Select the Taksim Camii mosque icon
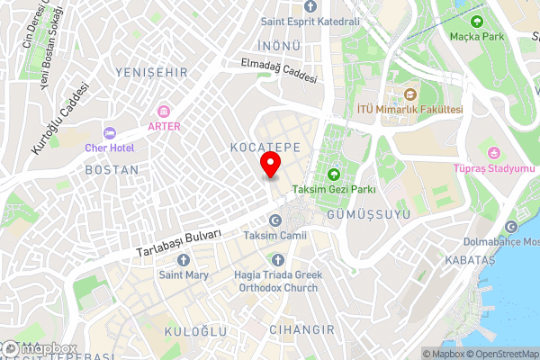tap(275, 220)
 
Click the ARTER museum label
tap(164, 126)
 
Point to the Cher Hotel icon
tap(110, 132)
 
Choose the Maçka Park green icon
tap(476, 21)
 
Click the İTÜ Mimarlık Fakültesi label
tap(409, 110)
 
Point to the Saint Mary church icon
tap(184, 259)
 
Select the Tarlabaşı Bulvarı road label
tap(178, 242)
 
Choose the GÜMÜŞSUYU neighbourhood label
tap(369, 215)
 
